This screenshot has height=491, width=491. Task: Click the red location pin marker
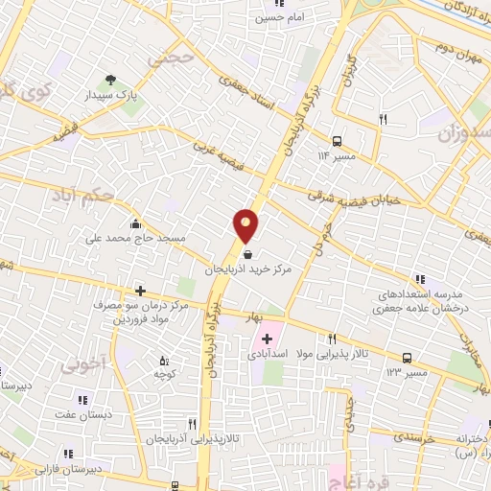tap(246, 224)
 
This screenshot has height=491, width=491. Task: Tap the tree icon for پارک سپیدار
tap(112, 82)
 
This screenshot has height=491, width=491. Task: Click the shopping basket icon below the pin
tap(249, 255)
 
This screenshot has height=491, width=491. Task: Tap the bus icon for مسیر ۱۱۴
tap(337, 140)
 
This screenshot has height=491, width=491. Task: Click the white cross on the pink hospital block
tap(266, 338)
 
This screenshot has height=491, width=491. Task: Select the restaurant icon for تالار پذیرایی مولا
tap(332, 339)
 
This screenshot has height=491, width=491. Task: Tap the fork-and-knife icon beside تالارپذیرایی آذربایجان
tap(193, 422)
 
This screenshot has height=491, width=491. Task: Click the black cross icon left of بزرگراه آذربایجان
tap(140, 290)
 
